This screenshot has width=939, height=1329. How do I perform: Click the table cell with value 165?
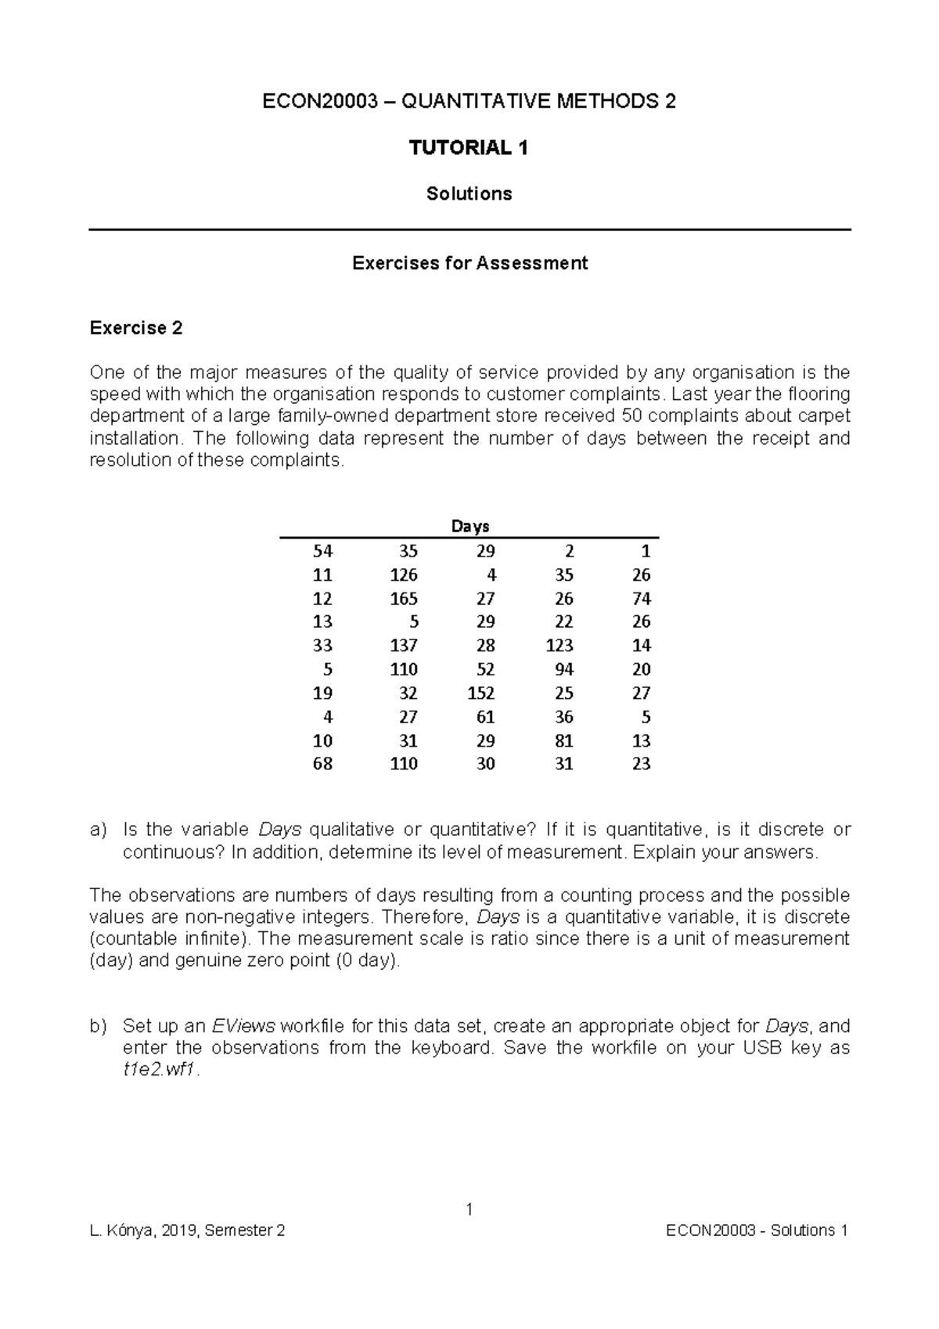pos(404,599)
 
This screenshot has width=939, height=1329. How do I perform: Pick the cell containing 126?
pos(404,575)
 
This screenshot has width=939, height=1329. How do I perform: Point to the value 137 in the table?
pos(404,646)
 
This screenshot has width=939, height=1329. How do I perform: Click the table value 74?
pos(642,599)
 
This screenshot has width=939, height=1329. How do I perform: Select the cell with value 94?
pos(563,670)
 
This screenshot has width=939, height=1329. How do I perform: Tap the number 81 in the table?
pos(563,741)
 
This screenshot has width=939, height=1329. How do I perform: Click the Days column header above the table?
pos(469,527)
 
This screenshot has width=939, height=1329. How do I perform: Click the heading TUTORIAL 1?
pos(469,148)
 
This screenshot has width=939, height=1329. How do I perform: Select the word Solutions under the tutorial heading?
pos(469,194)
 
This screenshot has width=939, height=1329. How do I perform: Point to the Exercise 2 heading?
pos(136,328)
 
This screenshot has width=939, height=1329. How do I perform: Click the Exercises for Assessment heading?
pos(469,263)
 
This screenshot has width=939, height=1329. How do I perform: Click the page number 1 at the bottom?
pos(469,1210)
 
